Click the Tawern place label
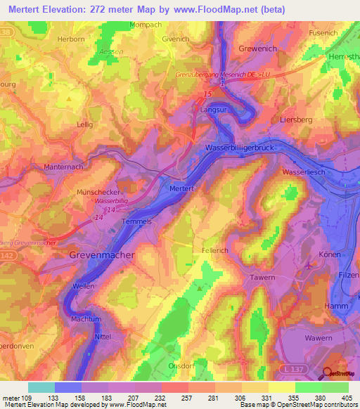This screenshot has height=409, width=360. tap(263, 278)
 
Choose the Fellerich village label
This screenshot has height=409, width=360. tap(217, 249)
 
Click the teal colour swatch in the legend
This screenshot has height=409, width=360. tap(41, 387)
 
